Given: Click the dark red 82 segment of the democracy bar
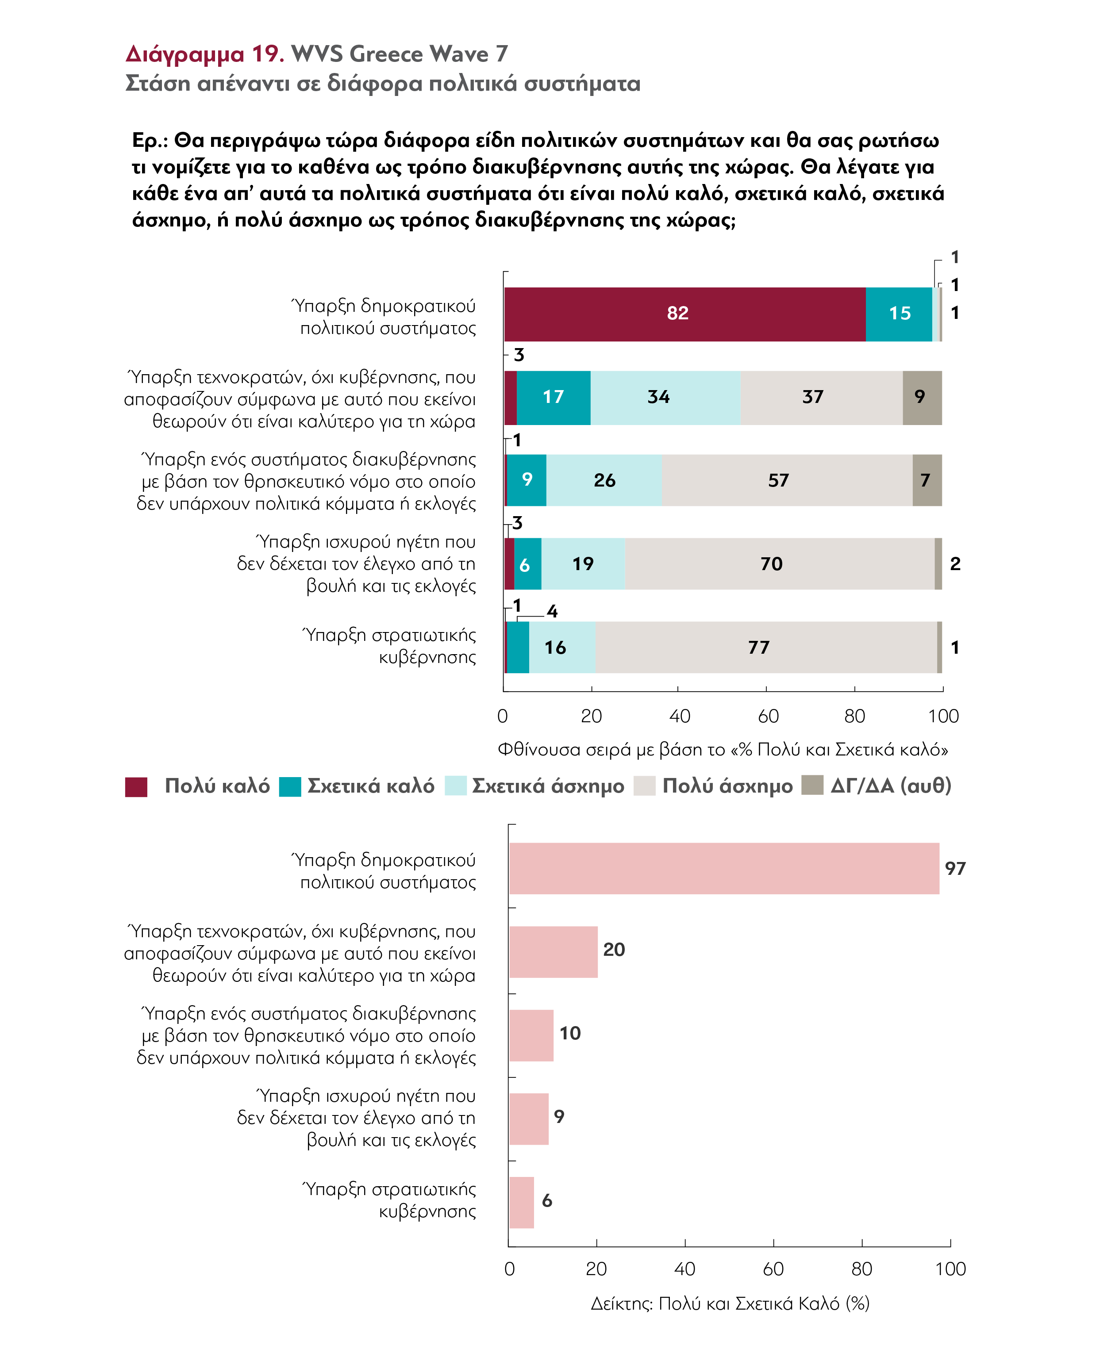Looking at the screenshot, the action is [685, 314].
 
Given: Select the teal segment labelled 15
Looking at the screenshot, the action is [899, 314].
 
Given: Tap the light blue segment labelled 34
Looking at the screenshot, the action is [665, 397].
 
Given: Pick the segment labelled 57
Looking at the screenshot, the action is [787, 480].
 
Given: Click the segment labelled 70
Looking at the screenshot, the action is [780, 564].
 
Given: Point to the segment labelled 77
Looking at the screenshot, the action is [766, 647].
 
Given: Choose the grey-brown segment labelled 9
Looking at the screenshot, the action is [922, 397].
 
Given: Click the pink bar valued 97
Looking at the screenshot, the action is [724, 868].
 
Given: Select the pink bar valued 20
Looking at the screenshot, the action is [554, 951].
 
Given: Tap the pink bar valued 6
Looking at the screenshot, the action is [522, 1202].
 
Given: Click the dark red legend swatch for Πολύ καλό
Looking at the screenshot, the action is [136, 786].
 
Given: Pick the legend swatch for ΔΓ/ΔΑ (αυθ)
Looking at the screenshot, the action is [812, 785].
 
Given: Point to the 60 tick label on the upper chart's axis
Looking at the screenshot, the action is [768, 716].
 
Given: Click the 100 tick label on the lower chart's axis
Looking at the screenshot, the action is [950, 1269].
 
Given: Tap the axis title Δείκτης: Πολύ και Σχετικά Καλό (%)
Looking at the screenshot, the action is [730, 1303].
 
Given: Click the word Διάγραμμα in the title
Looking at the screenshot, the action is [185, 55].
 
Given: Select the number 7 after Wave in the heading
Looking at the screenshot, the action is [502, 54].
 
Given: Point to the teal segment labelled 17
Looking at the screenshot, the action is [554, 397].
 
